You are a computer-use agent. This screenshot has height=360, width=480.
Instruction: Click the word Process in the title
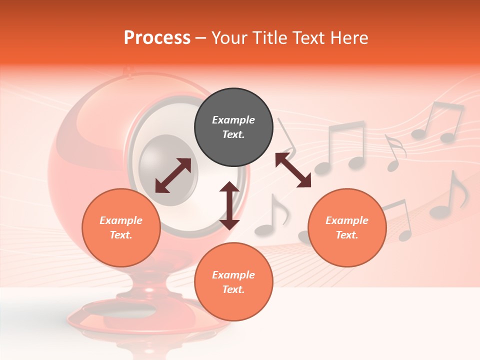(157, 38)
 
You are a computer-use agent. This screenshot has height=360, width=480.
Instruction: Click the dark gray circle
(233, 127)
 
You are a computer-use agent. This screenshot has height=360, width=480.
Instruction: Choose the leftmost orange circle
(121, 227)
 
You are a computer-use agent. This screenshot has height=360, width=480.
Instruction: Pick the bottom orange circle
(233, 282)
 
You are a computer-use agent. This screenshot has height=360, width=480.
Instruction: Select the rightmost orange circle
(346, 227)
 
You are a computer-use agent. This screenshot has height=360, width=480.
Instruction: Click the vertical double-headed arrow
(229, 205)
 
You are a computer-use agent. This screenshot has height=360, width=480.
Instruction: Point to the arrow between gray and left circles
(173, 175)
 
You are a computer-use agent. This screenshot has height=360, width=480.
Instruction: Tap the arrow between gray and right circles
(293, 170)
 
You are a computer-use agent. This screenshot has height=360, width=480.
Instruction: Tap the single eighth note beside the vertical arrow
(272, 215)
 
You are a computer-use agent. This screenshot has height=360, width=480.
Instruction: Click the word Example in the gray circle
(233, 120)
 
